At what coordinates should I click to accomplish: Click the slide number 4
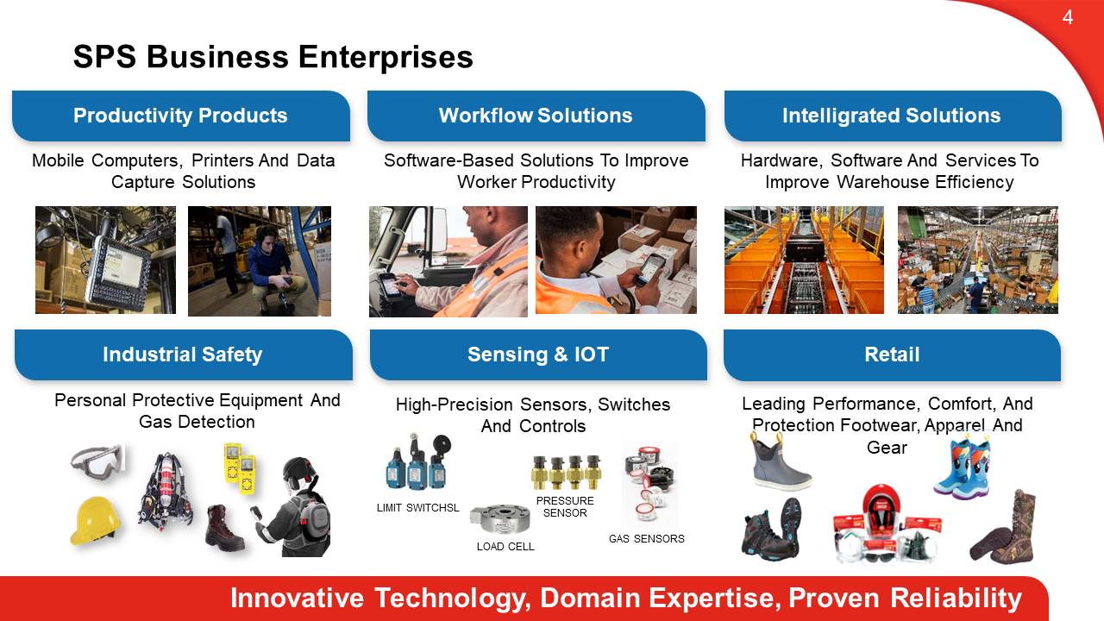point(1068,18)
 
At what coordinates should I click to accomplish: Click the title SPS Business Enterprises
point(273,57)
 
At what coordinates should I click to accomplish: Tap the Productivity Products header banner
point(181,116)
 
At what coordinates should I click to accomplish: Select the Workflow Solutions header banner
point(536,116)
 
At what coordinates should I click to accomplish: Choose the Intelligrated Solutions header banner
point(893,116)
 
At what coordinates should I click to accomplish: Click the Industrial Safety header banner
point(184,354)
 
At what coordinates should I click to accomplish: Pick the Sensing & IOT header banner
point(538,354)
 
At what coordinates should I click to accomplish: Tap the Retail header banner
point(892,354)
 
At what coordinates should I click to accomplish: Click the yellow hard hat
point(96,520)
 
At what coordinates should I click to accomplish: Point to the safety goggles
point(97,461)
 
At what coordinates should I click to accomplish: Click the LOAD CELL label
point(505,547)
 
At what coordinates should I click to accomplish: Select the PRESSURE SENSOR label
point(565,506)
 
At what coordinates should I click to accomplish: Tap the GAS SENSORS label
point(647,539)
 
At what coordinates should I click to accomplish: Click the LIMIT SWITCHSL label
point(418,508)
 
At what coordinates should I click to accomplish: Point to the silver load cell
point(499,518)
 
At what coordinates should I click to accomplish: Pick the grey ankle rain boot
point(780,461)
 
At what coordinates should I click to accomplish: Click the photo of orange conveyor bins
point(804,260)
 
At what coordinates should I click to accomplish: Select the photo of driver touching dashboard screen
point(448,261)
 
